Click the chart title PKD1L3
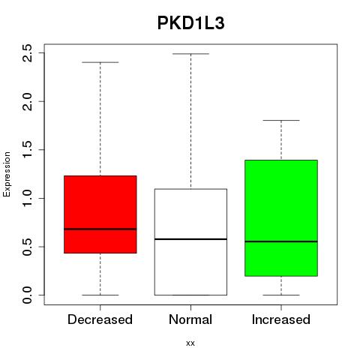click(x=190, y=23)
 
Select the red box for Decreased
click(x=100, y=214)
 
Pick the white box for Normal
click(x=190, y=242)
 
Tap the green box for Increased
click(x=281, y=218)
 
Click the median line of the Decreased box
click(x=100, y=229)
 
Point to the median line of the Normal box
click(x=190, y=239)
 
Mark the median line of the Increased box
click(x=281, y=241)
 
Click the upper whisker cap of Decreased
click(x=100, y=62)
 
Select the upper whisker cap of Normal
click(x=190, y=54)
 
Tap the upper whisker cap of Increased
click(x=281, y=120)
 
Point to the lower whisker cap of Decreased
click(x=100, y=295)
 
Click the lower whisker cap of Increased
click(x=281, y=295)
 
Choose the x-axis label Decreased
click(x=100, y=319)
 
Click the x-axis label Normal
click(x=190, y=319)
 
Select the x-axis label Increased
click(x=281, y=319)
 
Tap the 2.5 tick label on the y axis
click(x=27, y=53)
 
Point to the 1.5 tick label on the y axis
click(x=27, y=150)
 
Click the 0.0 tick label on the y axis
click(x=27, y=295)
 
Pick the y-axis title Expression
click(x=7, y=174)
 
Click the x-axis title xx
click(x=190, y=343)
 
